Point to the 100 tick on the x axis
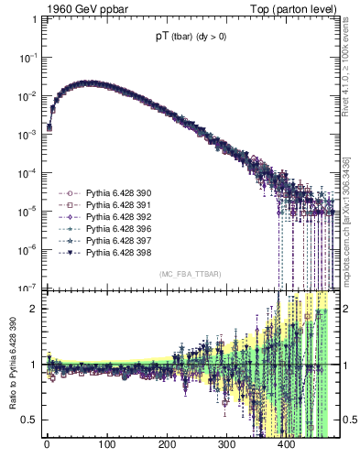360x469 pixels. (x=106, y=446)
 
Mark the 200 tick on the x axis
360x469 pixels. (x=166, y=446)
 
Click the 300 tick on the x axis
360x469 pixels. (x=226, y=446)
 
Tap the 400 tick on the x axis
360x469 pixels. (x=286, y=446)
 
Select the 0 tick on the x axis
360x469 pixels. (x=47, y=446)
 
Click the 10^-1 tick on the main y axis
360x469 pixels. (x=28, y=57)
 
